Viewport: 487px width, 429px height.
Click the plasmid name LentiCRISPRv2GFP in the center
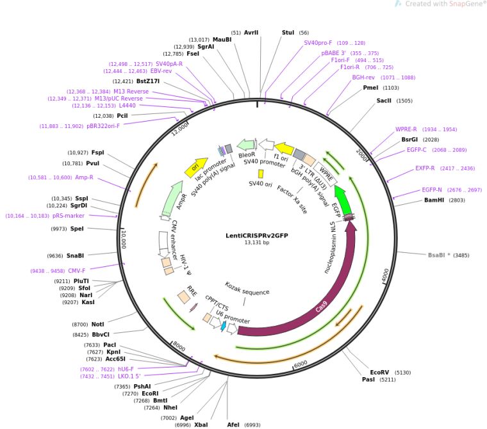pyautogui.click(x=256, y=235)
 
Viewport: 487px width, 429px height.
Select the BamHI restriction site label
pyautogui.click(x=434, y=200)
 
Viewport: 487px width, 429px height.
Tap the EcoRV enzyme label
pyautogui.click(x=379, y=372)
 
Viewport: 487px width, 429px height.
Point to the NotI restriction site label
pyautogui.click(x=97, y=325)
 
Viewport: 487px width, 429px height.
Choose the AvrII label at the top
pyautogui.click(x=251, y=33)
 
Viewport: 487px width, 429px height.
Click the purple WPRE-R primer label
pyautogui.click(x=406, y=129)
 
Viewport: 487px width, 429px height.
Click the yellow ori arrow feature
pyautogui.click(x=196, y=168)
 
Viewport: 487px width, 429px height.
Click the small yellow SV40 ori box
pyautogui.click(x=261, y=174)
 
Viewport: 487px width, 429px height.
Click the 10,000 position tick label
pyautogui.click(x=124, y=239)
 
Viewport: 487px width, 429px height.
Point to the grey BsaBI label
pyautogui.click(x=439, y=255)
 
